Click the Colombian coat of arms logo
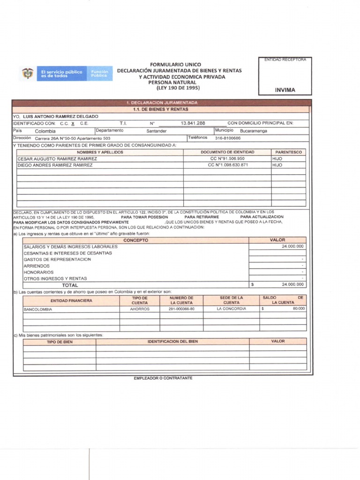point(28,74)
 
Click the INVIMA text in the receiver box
point(285,90)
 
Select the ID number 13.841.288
point(193,123)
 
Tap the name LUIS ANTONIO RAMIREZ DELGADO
point(60,116)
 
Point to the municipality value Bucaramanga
point(253,131)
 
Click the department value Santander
point(156,131)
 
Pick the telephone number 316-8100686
point(227,138)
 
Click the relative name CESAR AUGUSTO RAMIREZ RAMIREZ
point(57,159)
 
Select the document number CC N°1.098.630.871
point(228,165)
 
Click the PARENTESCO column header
point(288,152)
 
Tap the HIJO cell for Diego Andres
point(277,165)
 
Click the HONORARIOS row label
point(38,272)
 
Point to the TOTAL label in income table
point(70,285)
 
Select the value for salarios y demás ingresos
point(292,246)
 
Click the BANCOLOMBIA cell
point(38,309)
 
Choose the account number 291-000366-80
point(182,309)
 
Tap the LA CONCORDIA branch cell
point(231,309)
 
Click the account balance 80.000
point(299,309)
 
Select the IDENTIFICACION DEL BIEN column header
point(172,341)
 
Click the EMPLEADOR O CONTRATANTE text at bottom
point(163,378)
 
